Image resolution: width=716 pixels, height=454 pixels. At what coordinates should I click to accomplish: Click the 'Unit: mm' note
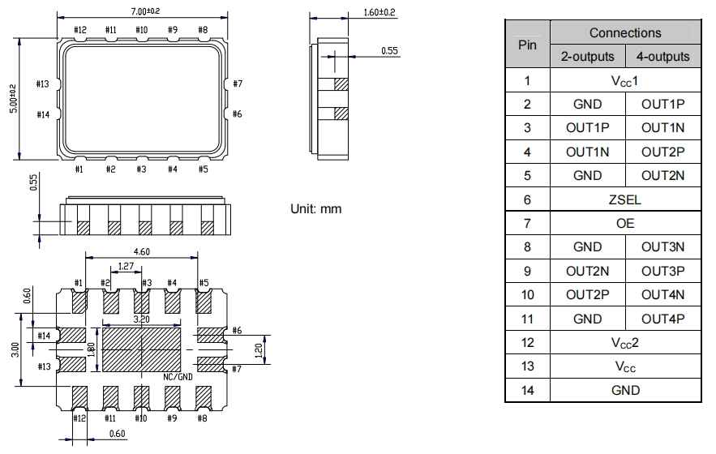[316, 209]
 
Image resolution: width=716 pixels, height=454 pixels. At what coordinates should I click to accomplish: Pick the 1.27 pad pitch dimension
[126, 265]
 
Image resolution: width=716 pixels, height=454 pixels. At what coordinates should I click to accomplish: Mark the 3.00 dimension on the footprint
[14, 350]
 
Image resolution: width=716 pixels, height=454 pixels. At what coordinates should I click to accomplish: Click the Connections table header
[624, 33]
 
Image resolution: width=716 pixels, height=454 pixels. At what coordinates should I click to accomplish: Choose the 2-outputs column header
[587, 57]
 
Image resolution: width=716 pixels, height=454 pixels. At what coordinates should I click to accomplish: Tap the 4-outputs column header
[662, 57]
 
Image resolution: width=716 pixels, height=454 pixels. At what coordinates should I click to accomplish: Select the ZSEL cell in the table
[624, 199]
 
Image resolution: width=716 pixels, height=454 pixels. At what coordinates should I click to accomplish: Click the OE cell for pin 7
[624, 223]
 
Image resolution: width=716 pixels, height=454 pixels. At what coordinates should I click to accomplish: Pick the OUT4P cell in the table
[662, 319]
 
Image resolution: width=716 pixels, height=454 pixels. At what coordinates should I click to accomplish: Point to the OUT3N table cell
[662, 247]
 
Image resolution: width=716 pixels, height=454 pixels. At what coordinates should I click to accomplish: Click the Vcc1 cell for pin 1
[624, 80]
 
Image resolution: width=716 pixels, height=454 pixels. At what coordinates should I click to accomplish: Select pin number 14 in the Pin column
[527, 390]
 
